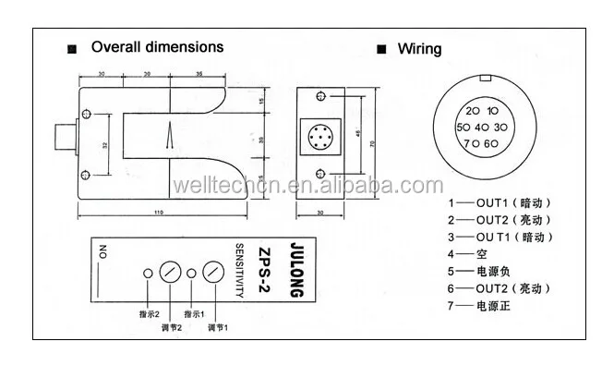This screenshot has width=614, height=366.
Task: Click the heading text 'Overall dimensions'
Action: [x=157, y=46]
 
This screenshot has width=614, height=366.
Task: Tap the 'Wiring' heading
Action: [x=419, y=49]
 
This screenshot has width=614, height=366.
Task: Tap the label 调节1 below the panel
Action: [x=218, y=326]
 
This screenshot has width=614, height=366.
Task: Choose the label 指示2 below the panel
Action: [x=149, y=315]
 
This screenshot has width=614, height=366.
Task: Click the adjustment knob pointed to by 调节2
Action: [x=170, y=274]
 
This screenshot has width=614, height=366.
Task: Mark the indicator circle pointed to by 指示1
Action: [x=191, y=274]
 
